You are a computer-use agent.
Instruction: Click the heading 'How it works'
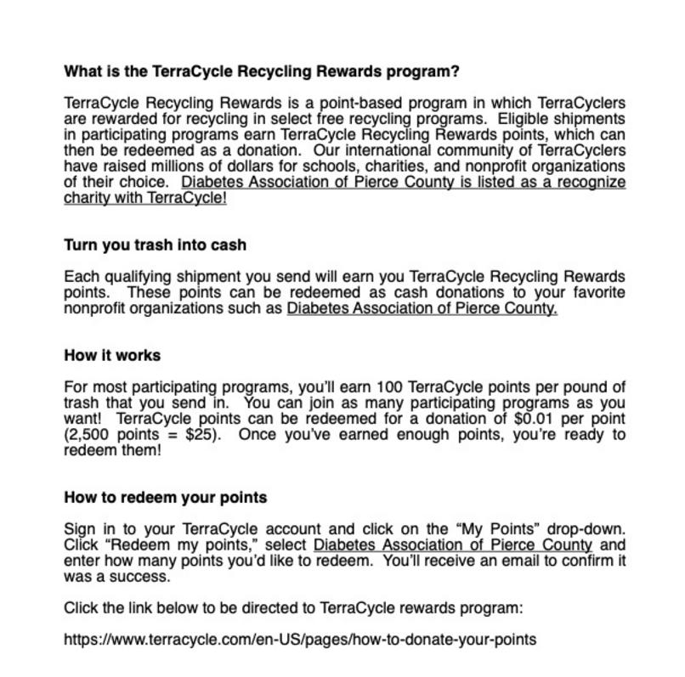tap(112, 355)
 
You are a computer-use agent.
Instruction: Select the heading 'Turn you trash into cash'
tap(155, 245)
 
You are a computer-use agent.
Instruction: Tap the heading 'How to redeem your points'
tap(166, 497)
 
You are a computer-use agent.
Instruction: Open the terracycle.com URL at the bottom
tap(300, 639)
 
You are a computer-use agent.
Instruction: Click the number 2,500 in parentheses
tap(91, 435)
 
